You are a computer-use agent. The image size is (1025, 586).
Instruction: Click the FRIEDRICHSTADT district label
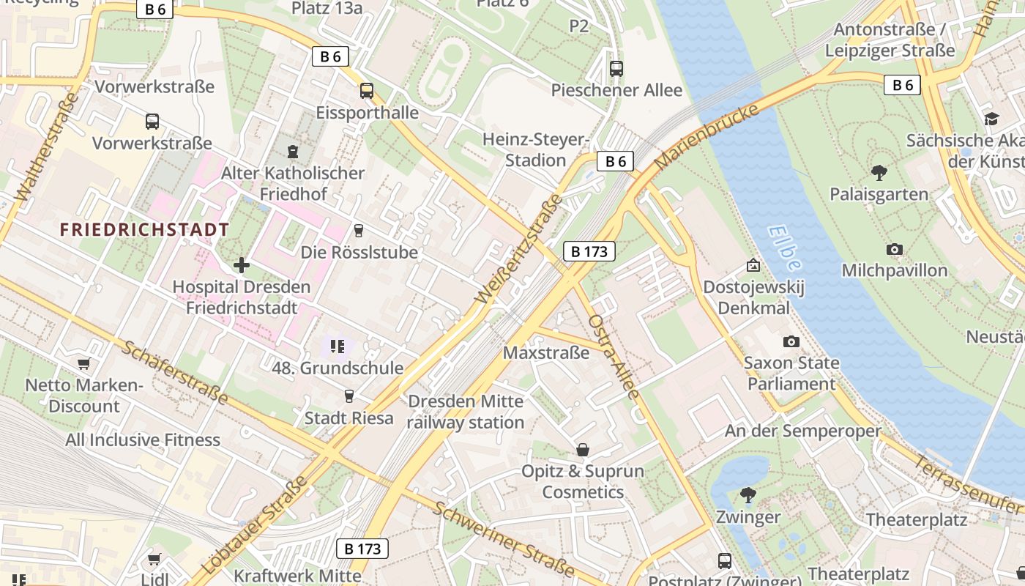coord(144,230)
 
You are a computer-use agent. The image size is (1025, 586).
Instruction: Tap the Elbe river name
coord(786,248)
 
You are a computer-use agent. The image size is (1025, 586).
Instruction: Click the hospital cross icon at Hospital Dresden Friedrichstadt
coord(242,265)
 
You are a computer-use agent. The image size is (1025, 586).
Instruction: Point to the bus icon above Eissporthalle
coord(367,91)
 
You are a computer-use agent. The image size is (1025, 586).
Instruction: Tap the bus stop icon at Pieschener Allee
coord(616,69)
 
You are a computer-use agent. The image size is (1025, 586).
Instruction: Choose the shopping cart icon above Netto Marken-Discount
coord(84,363)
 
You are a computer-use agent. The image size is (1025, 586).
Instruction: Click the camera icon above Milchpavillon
coord(894,250)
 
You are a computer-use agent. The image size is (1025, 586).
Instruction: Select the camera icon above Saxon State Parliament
coord(791,341)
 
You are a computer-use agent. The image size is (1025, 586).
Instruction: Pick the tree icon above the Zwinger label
coord(748,495)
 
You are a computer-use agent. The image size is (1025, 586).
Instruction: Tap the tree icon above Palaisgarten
coord(879,173)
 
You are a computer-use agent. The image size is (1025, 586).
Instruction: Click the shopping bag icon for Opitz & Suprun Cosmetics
coord(583,449)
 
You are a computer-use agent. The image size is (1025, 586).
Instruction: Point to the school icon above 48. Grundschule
coord(338,346)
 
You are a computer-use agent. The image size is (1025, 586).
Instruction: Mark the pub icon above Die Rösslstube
coord(359,231)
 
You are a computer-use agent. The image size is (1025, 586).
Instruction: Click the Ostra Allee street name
coord(614,356)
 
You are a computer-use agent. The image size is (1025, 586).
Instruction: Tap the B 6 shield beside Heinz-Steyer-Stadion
coord(615,161)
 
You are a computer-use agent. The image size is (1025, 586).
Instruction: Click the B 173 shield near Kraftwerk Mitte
coord(362,549)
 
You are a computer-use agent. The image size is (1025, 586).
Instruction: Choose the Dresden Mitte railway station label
coord(466,412)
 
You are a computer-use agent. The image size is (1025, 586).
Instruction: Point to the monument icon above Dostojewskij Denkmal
coord(753,265)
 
